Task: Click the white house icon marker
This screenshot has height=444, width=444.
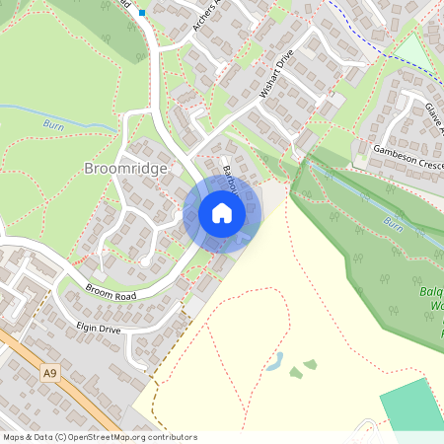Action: click(x=222, y=213)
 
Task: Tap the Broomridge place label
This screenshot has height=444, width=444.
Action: click(x=125, y=168)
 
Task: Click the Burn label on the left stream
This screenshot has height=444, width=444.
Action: click(x=54, y=125)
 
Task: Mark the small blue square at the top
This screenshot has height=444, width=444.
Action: click(x=142, y=13)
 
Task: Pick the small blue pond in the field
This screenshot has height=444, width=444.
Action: click(x=275, y=361)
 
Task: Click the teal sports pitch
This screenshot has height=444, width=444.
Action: click(x=412, y=405)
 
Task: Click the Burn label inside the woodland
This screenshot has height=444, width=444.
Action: click(x=393, y=223)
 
